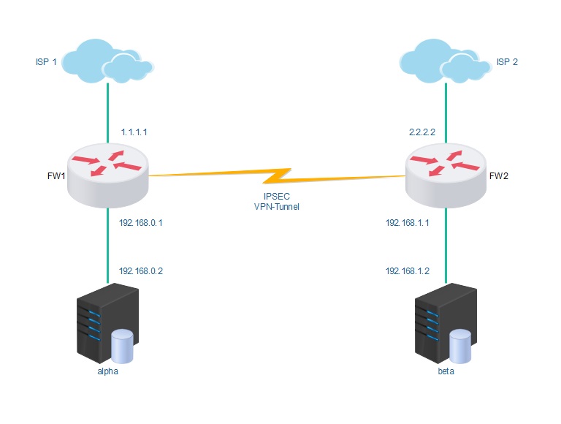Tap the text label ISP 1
(x=45, y=62)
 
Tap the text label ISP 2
(x=507, y=62)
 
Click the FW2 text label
(x=499, y=176)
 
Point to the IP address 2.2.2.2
(x=422, y=133)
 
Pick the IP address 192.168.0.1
(x=140, y=223)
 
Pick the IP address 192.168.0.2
(x=140, y=270)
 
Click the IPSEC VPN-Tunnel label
(x=278, y=202)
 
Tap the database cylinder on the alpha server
(x=122, y=347)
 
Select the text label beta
(x=446, y=371)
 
